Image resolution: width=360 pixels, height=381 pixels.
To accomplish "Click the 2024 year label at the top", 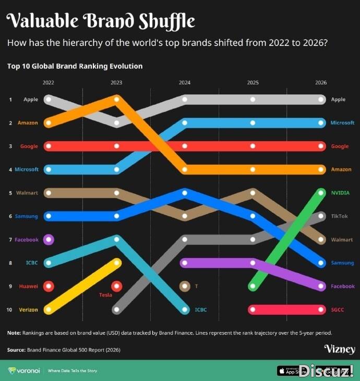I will pos(184,82).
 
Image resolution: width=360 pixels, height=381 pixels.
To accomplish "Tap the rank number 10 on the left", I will pos(9,310).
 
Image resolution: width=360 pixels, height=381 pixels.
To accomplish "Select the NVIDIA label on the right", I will pos(340,193).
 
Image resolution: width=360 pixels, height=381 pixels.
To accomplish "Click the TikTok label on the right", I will pos(339,216).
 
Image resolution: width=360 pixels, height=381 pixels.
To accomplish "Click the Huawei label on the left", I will pos(29,286).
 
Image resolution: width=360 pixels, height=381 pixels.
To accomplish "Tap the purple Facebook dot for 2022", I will pos(49,240).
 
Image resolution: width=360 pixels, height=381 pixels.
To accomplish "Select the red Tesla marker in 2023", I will pos(117,286).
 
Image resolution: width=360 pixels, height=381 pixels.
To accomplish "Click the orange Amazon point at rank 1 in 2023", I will pos(117,99).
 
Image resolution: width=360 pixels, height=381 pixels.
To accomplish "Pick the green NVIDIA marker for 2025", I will pos(253,286).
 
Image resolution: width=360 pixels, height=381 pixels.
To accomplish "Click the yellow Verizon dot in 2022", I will pos(49,310).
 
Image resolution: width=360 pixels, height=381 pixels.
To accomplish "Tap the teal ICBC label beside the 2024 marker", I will pos(201,310).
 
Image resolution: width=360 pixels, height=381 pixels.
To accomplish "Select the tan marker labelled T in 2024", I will pos(184,286).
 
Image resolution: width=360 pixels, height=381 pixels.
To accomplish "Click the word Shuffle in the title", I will pos(167,21).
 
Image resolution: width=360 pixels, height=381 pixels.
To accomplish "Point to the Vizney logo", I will pos(339,349).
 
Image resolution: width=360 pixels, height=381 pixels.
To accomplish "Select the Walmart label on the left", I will pos(27,193).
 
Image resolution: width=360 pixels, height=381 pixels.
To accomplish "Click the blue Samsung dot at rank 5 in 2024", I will pos(184,193).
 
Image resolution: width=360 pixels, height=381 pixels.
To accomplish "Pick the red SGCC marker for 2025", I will pos(253,310).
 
